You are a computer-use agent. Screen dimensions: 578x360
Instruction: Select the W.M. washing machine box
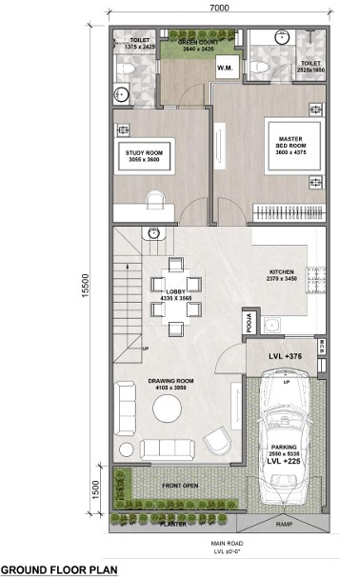click(x=227, y=68)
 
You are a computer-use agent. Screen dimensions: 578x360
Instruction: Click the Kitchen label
click(x=281, y=275)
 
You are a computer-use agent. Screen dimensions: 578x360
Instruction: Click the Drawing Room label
click(x=171, y=384)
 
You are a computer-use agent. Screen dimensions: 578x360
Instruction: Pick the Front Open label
click(x=178, y=487)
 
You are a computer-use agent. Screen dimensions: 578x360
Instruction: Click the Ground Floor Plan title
click(x=59, y=568)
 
